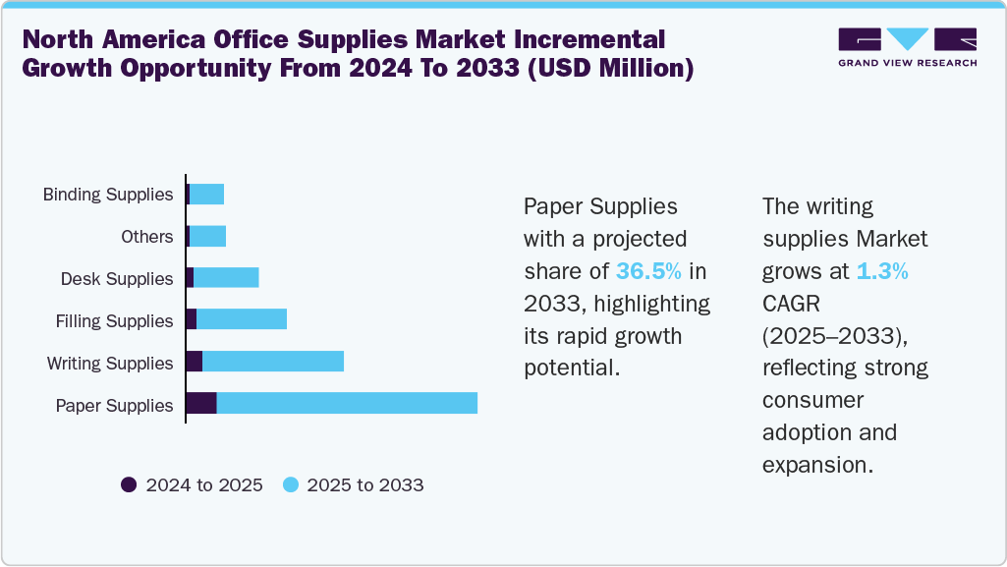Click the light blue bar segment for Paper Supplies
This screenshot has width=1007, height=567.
tap(347, 403)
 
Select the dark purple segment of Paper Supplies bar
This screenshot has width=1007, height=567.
tap(201, 403)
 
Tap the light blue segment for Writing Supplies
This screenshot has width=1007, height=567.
tap(273, 362)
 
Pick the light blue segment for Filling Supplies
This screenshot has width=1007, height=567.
tap(242, 319)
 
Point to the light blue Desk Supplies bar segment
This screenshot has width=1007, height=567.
tap(226, 277)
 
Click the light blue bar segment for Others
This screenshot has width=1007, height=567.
tap(207, 236)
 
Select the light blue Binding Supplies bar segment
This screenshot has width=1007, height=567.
tap(206, 194)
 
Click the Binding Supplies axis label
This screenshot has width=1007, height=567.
tap(108, 195)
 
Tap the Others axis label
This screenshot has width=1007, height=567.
tap(146, 237)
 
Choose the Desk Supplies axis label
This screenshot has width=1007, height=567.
tap(116, 279)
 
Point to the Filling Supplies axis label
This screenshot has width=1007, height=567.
tap(114, 321)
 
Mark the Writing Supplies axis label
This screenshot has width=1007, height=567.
tap(110, 364)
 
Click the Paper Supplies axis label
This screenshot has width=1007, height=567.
tap(114, 406)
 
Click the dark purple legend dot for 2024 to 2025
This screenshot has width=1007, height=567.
tap(129, 484)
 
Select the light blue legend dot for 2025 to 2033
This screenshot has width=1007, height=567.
tap(290, 484)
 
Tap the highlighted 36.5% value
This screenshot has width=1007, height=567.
tap(648, 271)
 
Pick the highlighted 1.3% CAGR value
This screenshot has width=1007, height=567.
tap(881, 271)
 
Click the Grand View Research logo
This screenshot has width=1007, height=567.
tap(907, 46)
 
